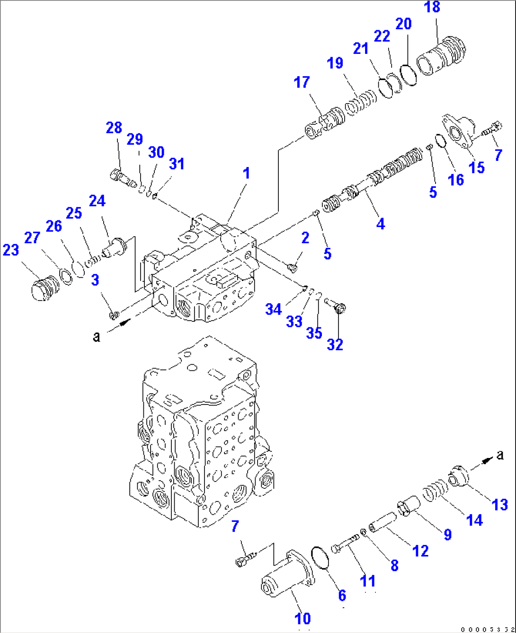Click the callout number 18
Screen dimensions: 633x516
coord(432,7)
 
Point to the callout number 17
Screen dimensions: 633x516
coord(302,82)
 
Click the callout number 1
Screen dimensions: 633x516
coord(246,173)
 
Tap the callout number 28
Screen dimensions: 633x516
coord(114,128)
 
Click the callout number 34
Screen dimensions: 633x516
coord(273,309)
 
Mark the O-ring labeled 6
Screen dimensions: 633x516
coord(320,557)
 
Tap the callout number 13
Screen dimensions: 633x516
coord(500,505)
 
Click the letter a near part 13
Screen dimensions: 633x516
coord(500,455)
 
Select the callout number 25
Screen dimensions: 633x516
coord(74,213)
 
